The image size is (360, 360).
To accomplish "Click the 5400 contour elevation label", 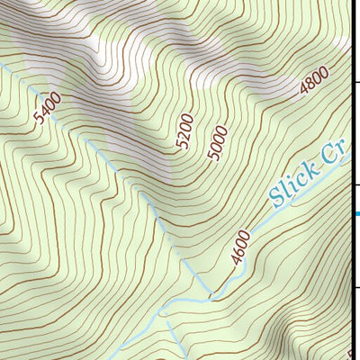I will click(x=48, y=110).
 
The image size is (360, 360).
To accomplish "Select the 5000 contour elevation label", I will click(x=216, y=144).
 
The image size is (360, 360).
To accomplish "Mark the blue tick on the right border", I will click(x=356, y=213).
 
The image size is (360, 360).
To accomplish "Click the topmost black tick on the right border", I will click(x=356, y=81).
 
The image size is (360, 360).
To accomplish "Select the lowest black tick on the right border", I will click(x=356, y=288).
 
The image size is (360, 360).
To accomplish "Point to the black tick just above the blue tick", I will click(x=356, y=184).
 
